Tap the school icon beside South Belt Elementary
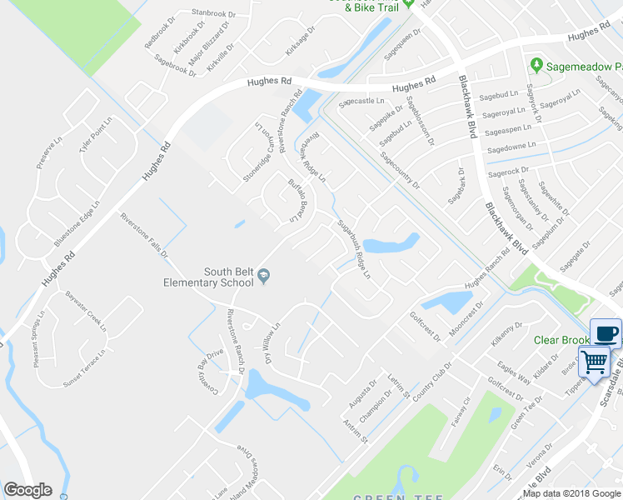tap(264, 276)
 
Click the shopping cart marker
tap(595, 362)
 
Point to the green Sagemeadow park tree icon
tap(537, 64)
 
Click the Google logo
tap(27, 490)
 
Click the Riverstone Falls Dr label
tap(144, 235)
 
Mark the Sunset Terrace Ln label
tap(84, 369)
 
